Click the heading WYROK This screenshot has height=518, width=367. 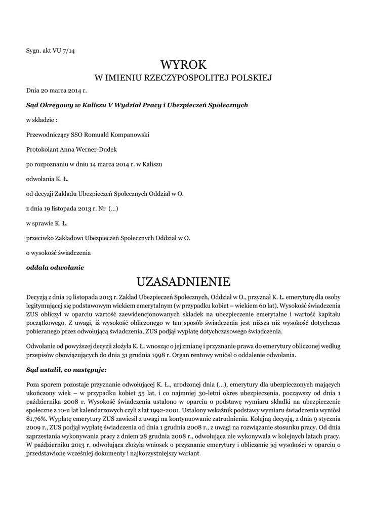point(184,65)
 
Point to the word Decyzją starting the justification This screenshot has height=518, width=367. point(39,295)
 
